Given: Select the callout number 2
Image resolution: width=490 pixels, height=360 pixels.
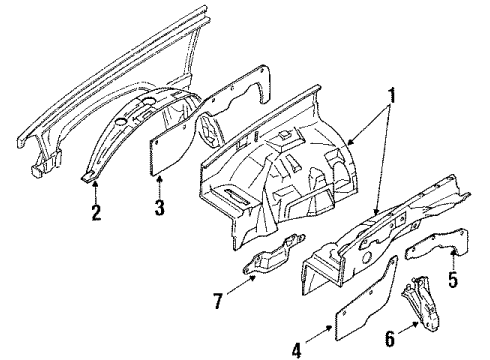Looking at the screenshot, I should point(96,213).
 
